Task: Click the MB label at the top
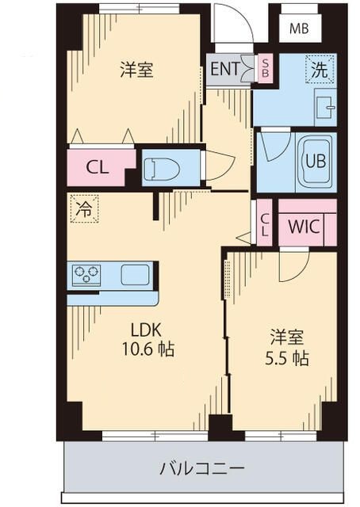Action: tap(298, 29)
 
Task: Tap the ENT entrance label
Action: tap(224, 69)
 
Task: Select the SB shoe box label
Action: tap(266, 69)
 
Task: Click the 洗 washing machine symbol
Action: tap(320, 69)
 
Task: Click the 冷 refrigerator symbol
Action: tap(82, 208)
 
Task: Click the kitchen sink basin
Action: tap(135, 275)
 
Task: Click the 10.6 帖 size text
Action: tap(147, 349)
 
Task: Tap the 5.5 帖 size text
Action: tap(286, 357)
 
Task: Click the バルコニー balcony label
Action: tap(202, 467)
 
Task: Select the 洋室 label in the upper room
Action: tap(136, 70)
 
